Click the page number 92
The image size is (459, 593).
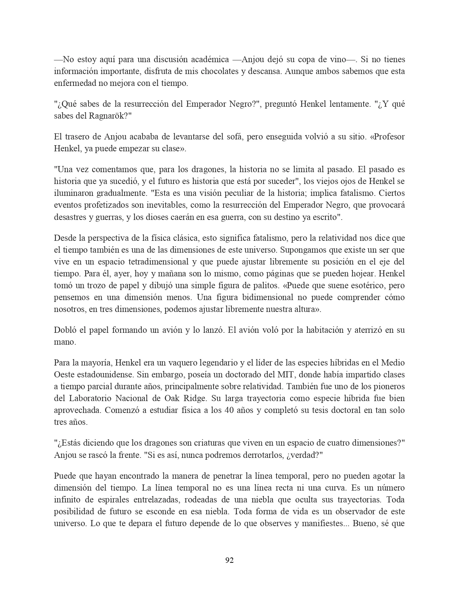tap(229, 560)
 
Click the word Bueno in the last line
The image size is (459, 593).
tap(366, 523)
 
